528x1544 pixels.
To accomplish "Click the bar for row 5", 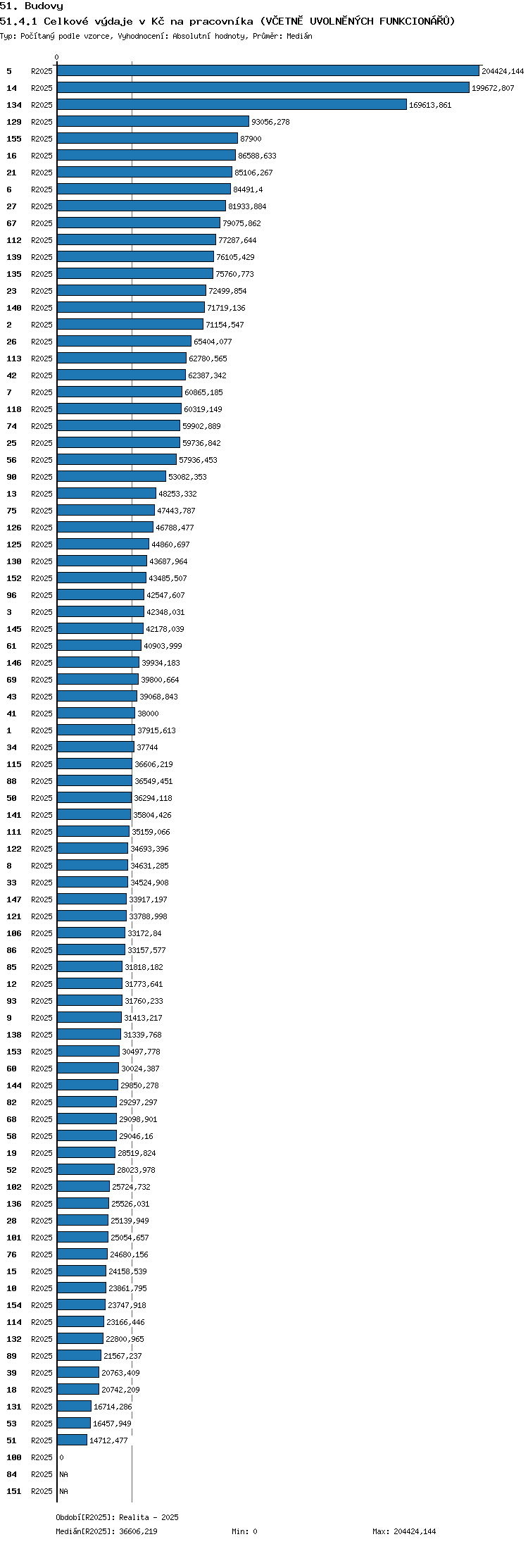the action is tap(268, 70).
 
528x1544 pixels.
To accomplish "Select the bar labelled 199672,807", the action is tap(263, 87).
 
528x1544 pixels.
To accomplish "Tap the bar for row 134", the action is tap(232, 104).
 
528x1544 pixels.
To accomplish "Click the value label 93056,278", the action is tap(270, 122).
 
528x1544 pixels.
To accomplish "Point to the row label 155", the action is tap(14, 139).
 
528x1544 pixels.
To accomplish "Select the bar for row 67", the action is tap(139, 223).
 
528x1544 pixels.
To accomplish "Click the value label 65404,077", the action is tap(213, 342).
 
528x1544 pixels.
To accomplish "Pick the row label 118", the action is tap(14, 409).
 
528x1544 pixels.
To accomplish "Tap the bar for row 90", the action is tap(111, 476).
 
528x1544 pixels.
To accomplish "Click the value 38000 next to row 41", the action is tap(148, 714).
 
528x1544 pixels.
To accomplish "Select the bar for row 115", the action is tap(94, 764).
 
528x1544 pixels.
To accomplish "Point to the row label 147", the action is tap(14, 899).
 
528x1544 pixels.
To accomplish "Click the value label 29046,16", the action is tap(136, 1136).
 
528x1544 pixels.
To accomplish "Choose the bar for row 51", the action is tap(72, 1440).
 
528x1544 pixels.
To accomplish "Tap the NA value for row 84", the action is tap(63, 1474).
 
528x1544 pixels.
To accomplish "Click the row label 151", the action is tap(14, 1491).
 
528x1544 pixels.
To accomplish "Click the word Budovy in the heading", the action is tap(44, 6).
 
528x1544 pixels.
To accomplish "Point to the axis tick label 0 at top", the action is tap(57, 58).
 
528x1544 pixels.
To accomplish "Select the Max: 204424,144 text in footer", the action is tap(404, 1531).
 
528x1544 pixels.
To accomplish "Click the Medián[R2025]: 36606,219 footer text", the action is tap(106, 1531).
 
